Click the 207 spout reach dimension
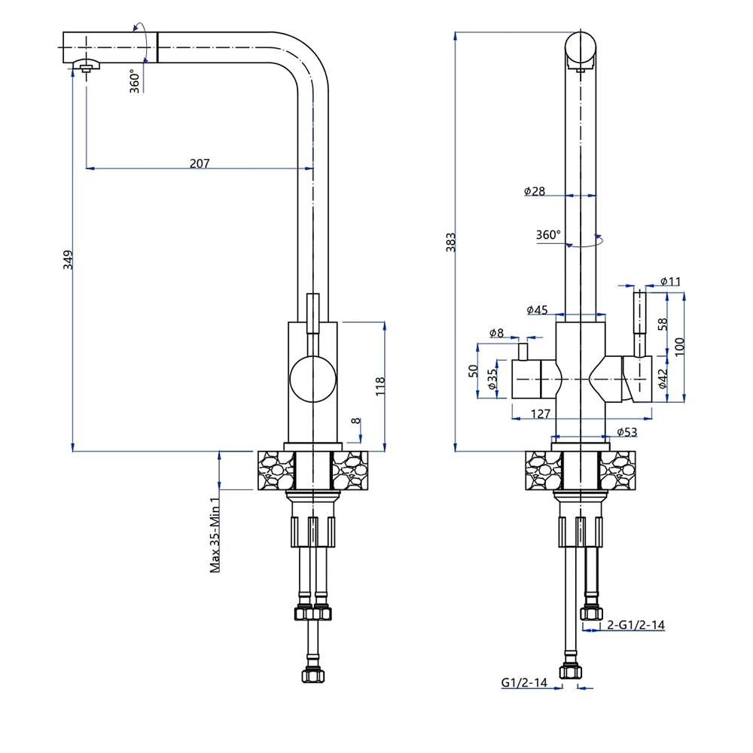pyautogui.click(x=200, y=163)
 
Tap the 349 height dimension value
pyautogui.click(x=67, y=261)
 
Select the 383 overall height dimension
pyautogui.click(x=450, y=241)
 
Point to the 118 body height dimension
pyautogui.click(x=380, y=386)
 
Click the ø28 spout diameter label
pyautogui.click(x=535, y=191)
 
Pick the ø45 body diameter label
pyautogui.click(x=537, y=309)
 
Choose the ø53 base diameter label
pyautogui.click(x=627, y=431)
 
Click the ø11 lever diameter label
pyautogui.click(x=670, y=282)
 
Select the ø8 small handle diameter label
pyautogui.click(x=496, y=332)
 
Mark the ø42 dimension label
pyautogui.click(x=663, y=377)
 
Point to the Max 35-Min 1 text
pyautogui.click(x=216, y=535)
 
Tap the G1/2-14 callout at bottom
pyautogui.click(x=523, y=683)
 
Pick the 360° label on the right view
pyautogui.click(x=548, y=234)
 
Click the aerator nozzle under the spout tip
pyautogui.click(x=87, y=68)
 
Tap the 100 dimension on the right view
pyautogui.click(x=680, y=347)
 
